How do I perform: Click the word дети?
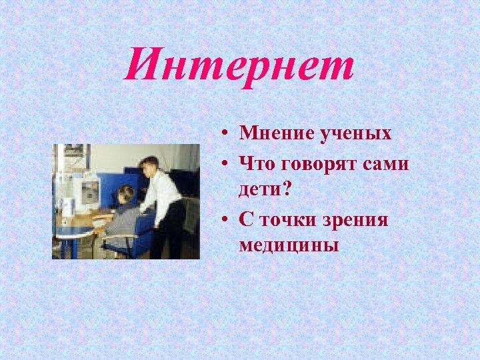click(x=261, y=189)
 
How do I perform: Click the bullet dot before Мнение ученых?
click(x=227, y=134)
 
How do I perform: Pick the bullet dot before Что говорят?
click(x=227, y=163)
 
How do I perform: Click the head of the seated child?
click(x=125, y=195)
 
